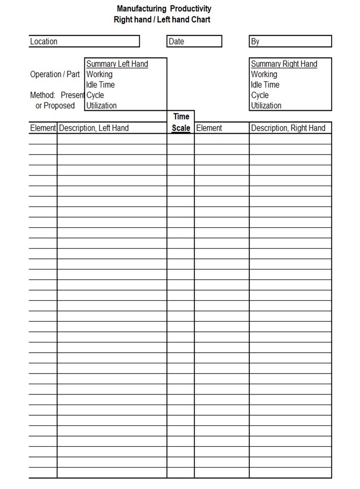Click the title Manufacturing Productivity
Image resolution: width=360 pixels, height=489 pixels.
coord(164,9)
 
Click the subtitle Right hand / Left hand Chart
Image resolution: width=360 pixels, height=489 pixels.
coord(162,20)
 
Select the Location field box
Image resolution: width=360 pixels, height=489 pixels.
coord(84,41)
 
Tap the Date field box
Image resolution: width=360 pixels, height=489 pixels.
coord(194,41)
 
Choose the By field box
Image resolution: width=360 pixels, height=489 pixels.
coord(290,41)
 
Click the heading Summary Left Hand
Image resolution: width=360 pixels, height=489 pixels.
coord(117,64)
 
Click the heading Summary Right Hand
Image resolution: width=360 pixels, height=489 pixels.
coord(284,64)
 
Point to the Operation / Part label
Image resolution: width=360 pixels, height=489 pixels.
coord(55,74)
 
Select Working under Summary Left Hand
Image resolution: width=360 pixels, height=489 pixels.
coord(99,74)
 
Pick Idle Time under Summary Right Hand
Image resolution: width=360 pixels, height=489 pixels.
coord(265,85)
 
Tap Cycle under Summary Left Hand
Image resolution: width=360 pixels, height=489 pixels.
coord(95,95)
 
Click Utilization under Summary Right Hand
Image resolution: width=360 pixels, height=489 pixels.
coord(266,106)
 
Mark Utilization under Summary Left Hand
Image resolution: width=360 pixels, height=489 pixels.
coord(101,106)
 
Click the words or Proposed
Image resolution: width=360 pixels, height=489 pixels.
coord(55,106)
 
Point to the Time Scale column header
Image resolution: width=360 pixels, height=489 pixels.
coord(181,123)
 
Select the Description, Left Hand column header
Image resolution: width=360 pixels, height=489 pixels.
coord(94,128)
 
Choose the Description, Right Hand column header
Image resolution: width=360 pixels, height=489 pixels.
coord(288,128)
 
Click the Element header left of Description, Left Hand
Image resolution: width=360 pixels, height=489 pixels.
coord(43,128)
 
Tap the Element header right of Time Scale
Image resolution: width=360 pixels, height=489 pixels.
coord(209,128)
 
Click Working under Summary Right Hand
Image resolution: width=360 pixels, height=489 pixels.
coord(264,74)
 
